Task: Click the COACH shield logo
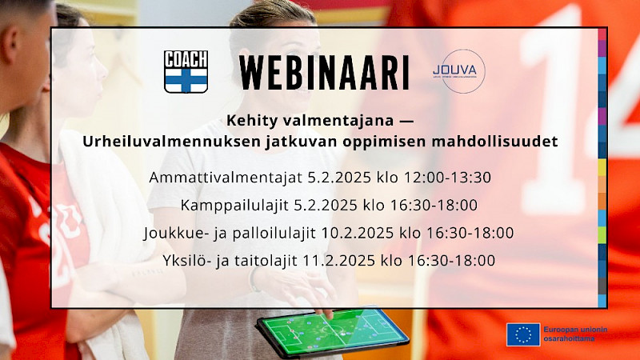pyautogui.click(x=186, y=71)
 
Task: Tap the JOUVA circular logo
pyautogui.click(x=459, y=71)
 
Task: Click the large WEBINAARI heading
pyautogui.click(x=324, y=73)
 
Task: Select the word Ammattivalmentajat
pyautogui.click(x=226, y=178)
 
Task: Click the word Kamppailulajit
pyautogui.click(x=234, y=206)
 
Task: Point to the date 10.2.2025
pyautogui.click(x=358, y=233)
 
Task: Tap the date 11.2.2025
pyautogui.click(x=338, y=261)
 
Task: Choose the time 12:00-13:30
pyautogui.click(x=447, y=178)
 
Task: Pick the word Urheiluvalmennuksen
pyautogui.click(x=171, y=142)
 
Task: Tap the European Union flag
pyautogui.click(x=523, y=334)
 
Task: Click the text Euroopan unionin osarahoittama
pyautogui.click(x=575, y=334)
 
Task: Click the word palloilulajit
pyautogui.click(x=274, y=233)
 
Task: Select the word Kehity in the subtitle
pyautogui.click(x=249, y=121)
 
